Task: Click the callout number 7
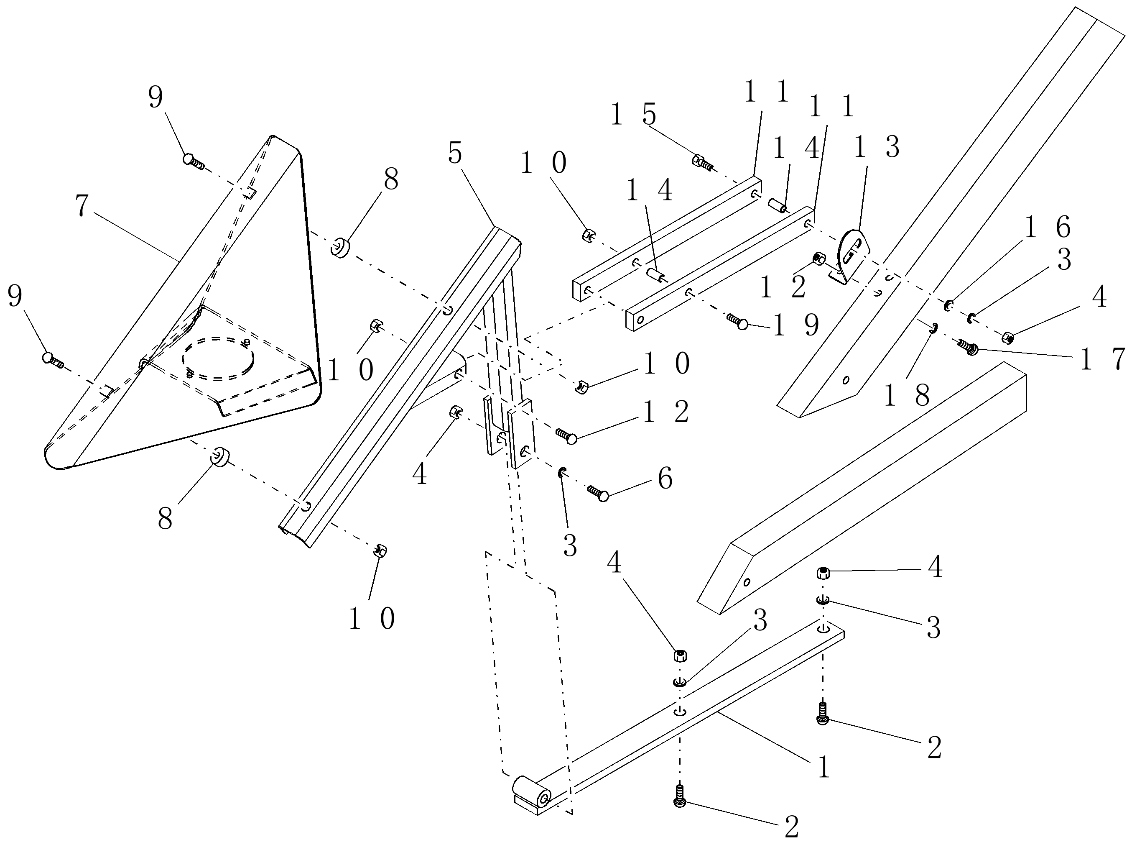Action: (x=82, y=206)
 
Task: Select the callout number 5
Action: (x=454, y=153)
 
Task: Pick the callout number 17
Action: (x=1102, y=359)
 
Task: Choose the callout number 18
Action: (x=906, y=396)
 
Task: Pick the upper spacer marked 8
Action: (x=340, y=247)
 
